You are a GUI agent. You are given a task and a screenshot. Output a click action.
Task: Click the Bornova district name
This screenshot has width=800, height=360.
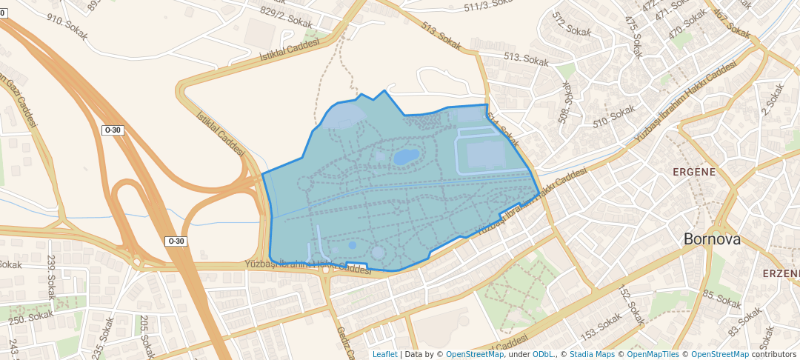712,239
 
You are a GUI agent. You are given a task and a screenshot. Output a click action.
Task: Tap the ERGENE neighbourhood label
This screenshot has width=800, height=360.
693,172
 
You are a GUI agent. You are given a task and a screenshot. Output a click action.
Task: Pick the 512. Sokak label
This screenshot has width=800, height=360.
570,24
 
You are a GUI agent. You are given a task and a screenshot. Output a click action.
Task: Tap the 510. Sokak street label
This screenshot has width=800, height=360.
614,115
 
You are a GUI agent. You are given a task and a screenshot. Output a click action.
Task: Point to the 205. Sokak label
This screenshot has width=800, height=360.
144,333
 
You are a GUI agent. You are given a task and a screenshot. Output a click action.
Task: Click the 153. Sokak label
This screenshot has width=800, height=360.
601,323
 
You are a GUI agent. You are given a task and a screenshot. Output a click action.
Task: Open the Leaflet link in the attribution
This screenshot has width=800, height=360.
384,354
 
